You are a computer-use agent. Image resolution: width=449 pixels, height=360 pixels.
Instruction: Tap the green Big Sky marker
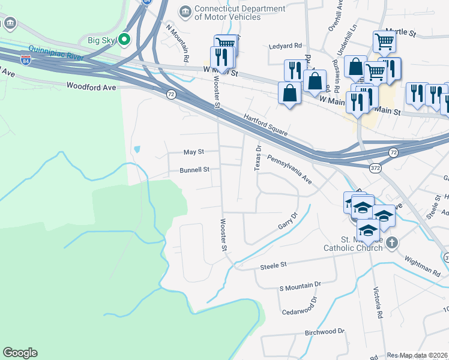click(x=125, y=41)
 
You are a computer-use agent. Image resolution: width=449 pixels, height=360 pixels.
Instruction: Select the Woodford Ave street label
click(x=91, y=86)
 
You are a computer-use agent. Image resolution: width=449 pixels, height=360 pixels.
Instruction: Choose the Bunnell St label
click(x=194, y=170)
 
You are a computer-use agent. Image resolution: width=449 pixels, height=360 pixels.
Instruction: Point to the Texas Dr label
click(x=258, y=158)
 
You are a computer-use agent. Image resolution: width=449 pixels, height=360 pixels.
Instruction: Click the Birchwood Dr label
click(x=325, y=331)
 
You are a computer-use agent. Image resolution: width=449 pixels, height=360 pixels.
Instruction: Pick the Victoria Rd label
click(x=378, y=305)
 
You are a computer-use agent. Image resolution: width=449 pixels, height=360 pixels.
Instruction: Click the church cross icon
click(x=391, y=242)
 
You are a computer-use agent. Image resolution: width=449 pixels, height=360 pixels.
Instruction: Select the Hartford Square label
click(x=267, y=125)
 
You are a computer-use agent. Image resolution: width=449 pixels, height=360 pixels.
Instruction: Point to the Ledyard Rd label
click(x=285, y=46)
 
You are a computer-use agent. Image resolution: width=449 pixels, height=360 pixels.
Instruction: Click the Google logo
click(x=20, y=353)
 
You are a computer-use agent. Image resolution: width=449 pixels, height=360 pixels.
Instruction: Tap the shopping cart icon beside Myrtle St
click(x=384, y=42)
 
